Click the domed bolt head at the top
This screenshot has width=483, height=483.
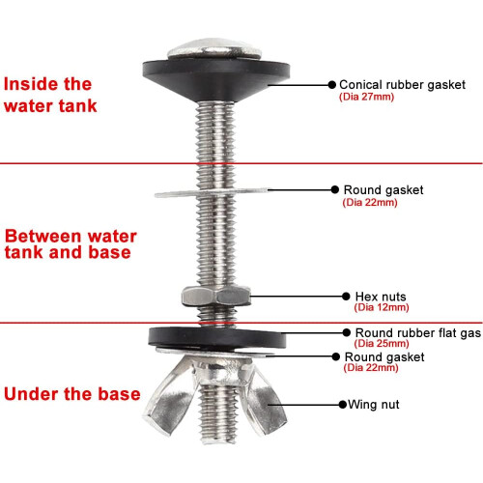coord(214,49)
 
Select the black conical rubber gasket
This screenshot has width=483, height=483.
coord(216,79)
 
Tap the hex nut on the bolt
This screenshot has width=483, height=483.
coord(216,296)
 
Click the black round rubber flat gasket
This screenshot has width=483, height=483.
coord(217,337)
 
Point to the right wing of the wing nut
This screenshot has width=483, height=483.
coord(266,403)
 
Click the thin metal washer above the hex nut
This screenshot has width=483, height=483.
coord(211,193)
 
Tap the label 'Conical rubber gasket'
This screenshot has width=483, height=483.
coord(402,85)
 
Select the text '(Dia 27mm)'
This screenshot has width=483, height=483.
coord(366,97)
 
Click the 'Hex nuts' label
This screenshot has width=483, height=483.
coord(381,297)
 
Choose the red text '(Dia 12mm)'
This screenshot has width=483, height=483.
coord(382,307)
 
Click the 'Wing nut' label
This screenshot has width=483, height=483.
coord(374,405)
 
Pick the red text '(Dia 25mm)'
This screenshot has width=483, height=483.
coord(382,343)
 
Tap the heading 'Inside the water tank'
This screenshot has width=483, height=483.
coord(50,95)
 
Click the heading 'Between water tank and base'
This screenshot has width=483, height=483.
coord(71,244)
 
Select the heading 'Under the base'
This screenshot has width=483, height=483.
coord(72,394)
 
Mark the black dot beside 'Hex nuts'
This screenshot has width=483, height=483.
coord(346,297)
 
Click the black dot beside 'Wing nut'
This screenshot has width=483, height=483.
coord(343,405)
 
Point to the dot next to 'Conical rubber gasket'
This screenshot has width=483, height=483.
coord(332,85)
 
